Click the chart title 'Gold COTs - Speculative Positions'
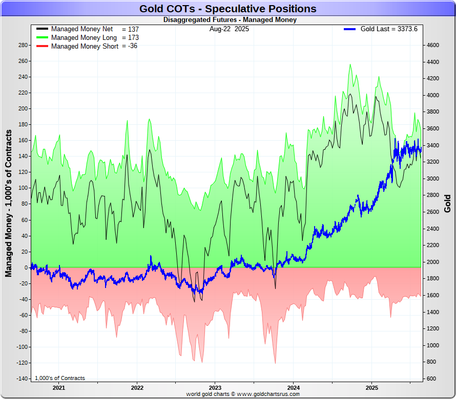[228, 9]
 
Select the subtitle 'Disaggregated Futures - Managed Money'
[230, 20]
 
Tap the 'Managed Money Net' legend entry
[82, 29]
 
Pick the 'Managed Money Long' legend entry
[84, 38]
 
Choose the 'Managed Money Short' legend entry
[85, 46]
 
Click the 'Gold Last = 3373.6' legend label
[388, 29]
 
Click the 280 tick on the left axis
[23, 45]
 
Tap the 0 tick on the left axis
[25, 268]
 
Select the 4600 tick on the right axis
[433, 45]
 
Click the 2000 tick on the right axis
[433, 262]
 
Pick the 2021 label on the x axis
[59, 388]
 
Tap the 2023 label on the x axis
[215, 388]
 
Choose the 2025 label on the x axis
[371, 388]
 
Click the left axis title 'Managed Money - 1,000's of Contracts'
[9, 203]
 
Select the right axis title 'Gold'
[447, 203]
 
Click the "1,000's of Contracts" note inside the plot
[60, 378]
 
